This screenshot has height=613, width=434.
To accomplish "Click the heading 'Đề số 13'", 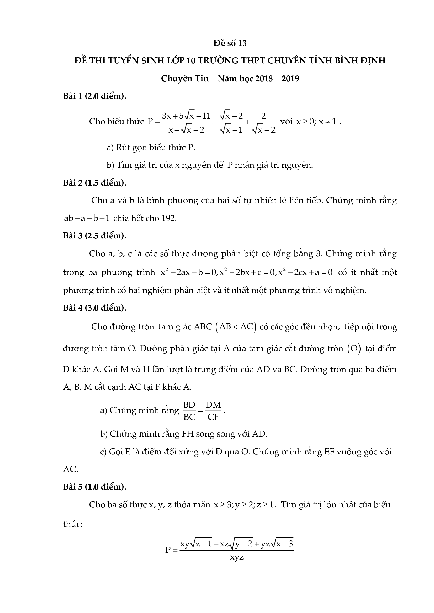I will coord(230,43).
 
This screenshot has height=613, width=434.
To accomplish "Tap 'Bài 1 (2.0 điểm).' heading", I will coord(95,96).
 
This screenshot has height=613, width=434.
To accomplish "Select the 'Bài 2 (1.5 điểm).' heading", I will coord(95,183).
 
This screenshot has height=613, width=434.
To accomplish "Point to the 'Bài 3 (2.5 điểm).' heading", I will coord(95,236).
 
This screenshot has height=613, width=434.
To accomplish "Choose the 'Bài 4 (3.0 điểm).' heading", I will coord(95,308).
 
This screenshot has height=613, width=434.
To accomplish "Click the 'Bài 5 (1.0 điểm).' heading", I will coord(95,487).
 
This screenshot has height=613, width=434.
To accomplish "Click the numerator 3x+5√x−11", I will coord(187,116).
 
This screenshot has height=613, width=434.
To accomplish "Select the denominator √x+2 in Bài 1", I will coord(263,130).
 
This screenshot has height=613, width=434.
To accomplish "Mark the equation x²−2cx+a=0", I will coord(305,272).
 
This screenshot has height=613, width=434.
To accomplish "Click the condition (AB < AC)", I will coord(236,327).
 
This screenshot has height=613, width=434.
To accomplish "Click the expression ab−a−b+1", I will coord(87,218).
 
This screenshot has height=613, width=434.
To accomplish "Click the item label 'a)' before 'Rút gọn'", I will coord(110,147).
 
